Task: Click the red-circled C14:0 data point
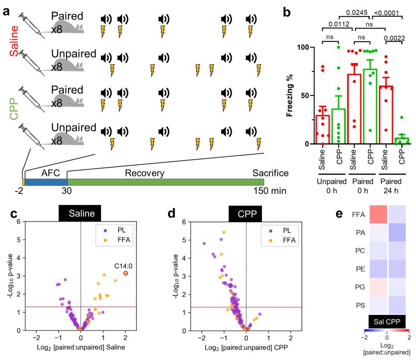126,273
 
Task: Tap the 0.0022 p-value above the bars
395,38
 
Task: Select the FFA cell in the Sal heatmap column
379,214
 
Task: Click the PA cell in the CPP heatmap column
397,232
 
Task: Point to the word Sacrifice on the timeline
270,173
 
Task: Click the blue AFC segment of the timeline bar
46,182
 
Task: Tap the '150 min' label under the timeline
270,190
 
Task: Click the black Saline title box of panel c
80,213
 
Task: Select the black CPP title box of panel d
245,214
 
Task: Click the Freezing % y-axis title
290,95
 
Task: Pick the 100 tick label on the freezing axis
303,48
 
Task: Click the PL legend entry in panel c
115,230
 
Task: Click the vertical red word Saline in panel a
14,41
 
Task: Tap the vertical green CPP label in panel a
14,109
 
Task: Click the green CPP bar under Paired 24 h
402,141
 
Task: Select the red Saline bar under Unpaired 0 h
323,130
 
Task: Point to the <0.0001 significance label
386,13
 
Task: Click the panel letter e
339,214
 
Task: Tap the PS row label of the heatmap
360,305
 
